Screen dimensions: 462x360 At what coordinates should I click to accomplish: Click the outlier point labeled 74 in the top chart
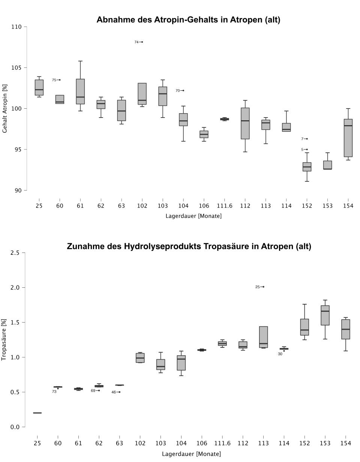[x=142, y=42]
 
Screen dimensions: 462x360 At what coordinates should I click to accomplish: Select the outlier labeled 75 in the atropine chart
[x=60, y=80]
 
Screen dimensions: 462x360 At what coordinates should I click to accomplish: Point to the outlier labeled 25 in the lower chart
[x=263, y=287]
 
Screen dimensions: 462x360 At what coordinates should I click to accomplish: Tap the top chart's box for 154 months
[x=348, y=138]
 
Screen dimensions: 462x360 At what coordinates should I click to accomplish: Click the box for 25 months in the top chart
[x=39, y=88]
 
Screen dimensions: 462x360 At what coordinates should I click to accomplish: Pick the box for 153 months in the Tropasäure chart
[x=325, y=315]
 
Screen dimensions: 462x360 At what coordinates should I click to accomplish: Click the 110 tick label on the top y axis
[x=16, y=27]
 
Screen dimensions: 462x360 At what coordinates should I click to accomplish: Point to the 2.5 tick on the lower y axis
[x=15, y=253]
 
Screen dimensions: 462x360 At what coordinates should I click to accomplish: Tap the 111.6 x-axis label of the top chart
[x=224, y=206]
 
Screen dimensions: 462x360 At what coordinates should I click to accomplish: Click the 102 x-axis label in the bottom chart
[x=140, y=443]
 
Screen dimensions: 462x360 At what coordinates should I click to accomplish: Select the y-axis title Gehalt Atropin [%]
[x=5, y=109]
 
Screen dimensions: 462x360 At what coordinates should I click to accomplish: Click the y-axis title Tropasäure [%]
[x=4, y=340]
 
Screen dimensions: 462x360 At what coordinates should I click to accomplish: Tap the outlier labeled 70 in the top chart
[x=183, y=90]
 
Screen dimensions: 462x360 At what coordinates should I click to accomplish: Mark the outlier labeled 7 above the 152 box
[x=307, y=139]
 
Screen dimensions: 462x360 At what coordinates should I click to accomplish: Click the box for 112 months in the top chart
[x=245, y=124]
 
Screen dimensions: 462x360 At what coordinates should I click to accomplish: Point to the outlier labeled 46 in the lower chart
[x=119, y=392]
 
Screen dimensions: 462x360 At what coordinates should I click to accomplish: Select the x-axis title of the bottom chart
[x=191, y=454]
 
